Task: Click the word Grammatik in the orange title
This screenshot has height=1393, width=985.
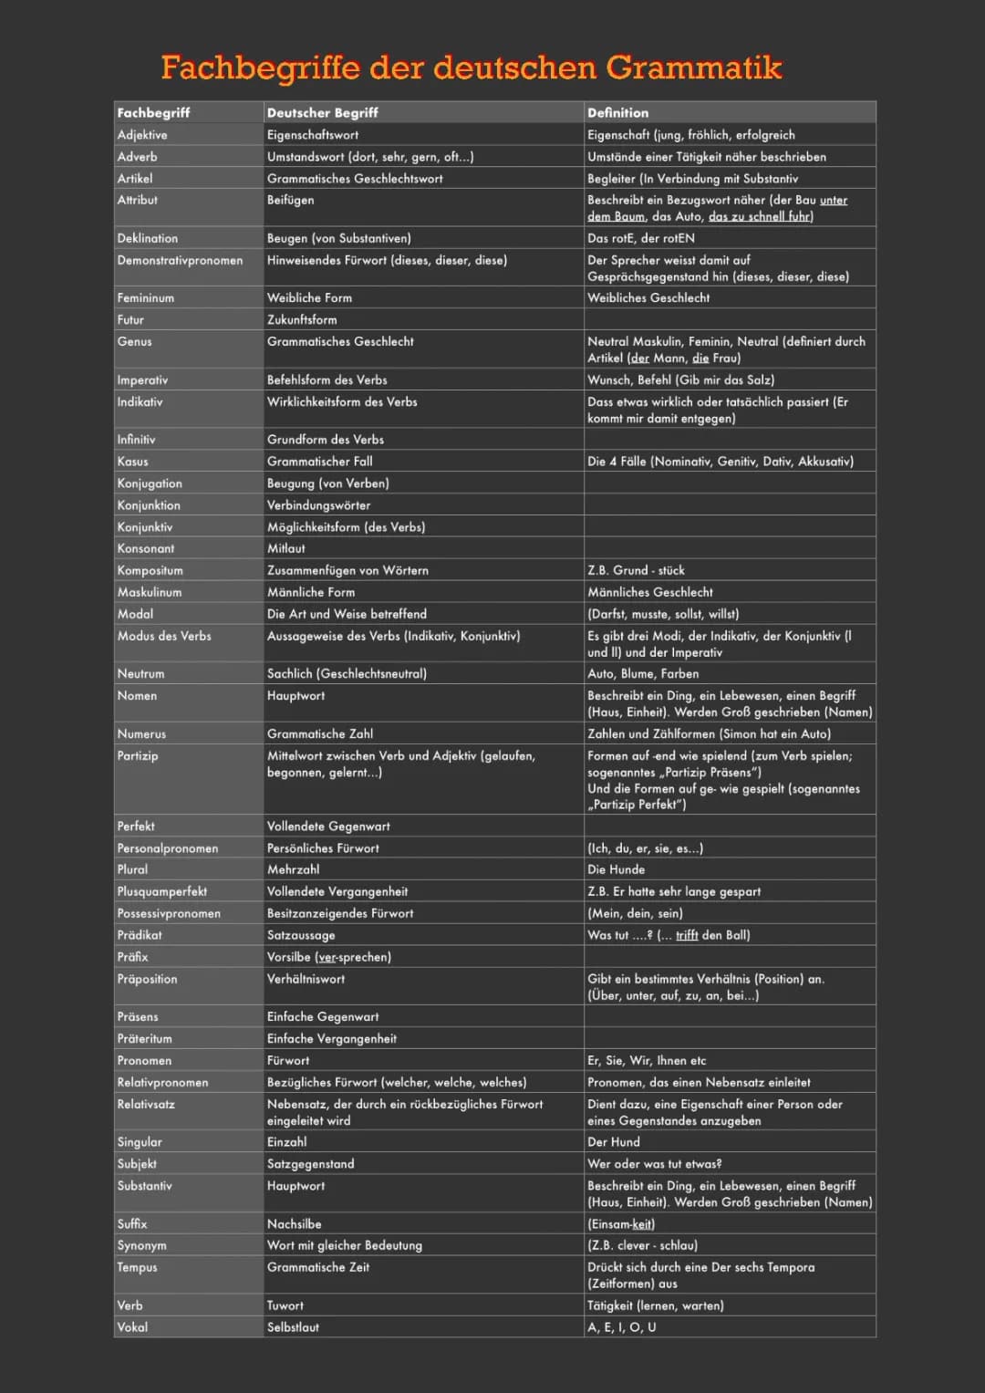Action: tap(694, 68)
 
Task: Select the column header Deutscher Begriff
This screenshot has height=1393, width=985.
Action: tap(322, 112)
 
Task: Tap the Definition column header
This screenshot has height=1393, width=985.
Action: tap(617, 112)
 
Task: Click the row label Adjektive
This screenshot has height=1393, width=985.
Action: tap(142, 135)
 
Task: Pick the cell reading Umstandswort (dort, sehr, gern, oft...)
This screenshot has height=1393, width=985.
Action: tap(369, 157)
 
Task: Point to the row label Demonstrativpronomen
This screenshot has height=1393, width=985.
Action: tap(180, 261)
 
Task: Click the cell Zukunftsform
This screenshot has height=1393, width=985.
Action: tap(302, 320)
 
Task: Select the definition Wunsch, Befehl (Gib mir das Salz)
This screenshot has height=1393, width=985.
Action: tap(680, 380)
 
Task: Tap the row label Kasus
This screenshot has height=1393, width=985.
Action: tap(132, 462)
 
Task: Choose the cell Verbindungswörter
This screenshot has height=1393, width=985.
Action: tap(318, 505)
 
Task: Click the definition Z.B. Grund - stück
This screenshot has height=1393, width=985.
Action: tap(636, 571)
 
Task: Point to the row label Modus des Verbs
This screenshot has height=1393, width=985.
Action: tap(164, 636)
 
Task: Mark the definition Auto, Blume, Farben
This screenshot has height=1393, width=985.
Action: tap(643, 674)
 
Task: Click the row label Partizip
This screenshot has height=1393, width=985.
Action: tap(138, 756)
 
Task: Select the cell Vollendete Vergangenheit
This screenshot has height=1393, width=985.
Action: tap(337, 892)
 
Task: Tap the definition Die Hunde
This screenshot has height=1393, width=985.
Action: tap(616, 870)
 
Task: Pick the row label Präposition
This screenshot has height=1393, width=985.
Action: tap(147, 980)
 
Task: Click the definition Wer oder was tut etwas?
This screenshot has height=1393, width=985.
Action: tap(654, 1164)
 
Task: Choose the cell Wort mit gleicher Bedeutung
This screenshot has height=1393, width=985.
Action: tap(344, 1246)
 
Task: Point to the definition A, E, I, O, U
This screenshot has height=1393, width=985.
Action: tap(621, 1328)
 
